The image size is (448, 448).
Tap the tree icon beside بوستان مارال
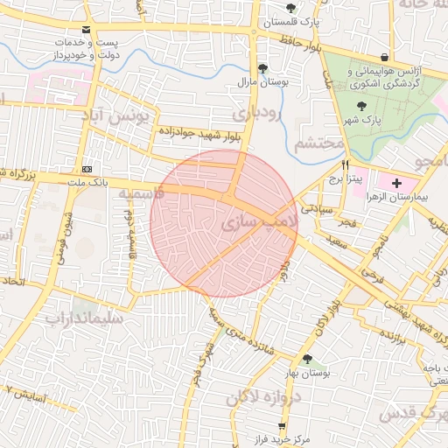click(x=262, y=68)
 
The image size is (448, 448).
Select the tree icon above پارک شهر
click(x=361, y=105)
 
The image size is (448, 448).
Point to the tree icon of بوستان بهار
click(x=306, y=359)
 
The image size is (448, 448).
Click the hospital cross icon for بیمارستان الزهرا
click(x=398, y=183)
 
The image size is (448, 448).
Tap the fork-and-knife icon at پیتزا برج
click(x=346, y=164)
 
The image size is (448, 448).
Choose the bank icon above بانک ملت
click(x=87, y=168)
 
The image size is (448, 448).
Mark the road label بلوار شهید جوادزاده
click(x=200, y=134)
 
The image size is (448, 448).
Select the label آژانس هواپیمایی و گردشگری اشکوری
click(x=385, y=78)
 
